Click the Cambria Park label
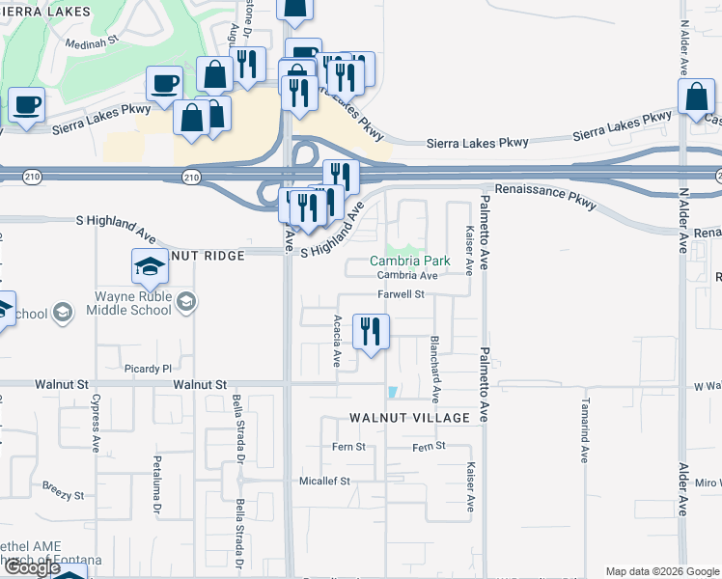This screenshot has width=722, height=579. point(410,261)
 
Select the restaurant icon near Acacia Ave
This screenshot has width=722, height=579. point(371,333)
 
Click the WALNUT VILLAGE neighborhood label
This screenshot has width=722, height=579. point(409,418)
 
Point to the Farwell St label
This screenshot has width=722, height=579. point(402,294)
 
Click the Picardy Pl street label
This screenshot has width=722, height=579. point(148,369)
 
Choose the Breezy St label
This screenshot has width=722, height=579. point(63,490)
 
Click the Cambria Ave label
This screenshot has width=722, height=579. point(407,276)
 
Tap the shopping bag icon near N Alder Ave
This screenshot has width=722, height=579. point(696,98)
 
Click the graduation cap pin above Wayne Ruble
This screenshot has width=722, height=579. point(151,266)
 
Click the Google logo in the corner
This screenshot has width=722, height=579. point(31,567)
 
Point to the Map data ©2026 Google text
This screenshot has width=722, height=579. point(661,571)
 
